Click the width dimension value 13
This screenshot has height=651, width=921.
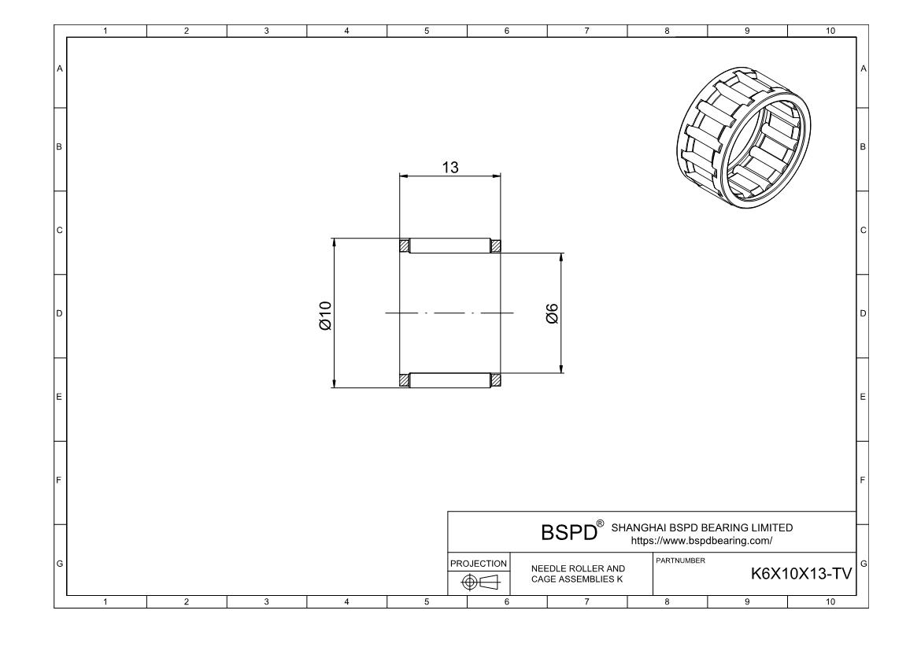[449, 167]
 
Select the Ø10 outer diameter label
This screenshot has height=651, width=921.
[324, 313]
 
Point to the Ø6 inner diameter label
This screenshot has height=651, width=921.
[552, 313]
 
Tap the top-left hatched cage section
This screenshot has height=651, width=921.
[405, 246]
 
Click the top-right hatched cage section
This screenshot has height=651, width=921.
[496, 246]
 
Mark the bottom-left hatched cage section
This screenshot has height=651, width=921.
[405, 380]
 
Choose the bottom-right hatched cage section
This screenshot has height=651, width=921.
[496, 380]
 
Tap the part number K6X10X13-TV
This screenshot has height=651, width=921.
[801, 575]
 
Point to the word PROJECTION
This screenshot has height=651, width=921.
[479, 564]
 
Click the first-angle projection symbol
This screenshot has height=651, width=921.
[479, 582]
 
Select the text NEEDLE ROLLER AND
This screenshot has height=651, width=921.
[578, 568]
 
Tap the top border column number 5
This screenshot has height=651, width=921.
[427, 31]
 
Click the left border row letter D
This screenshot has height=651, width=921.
[59, 313]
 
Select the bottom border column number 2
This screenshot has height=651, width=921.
[187, 602]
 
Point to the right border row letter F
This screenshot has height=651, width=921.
[863, 479]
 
